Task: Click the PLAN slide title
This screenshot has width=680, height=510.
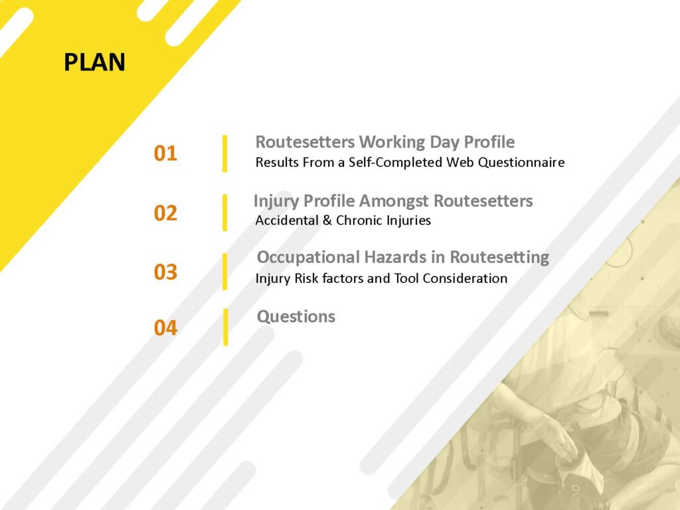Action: [x=94, y=62]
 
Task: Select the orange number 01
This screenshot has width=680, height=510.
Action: [x=165, y=153]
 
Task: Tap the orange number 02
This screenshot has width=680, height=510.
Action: [x=165, y=213]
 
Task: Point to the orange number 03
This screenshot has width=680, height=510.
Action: [x=165, y=272]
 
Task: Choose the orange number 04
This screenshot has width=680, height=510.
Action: [x=165, y=327]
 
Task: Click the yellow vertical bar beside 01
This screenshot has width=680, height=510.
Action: [x=224, y=153]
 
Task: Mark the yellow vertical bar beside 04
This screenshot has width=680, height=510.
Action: [x=225, y=327]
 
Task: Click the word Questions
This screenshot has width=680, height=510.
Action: [x=296, y=317]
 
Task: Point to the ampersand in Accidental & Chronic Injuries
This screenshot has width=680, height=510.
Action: [x=327, y=220]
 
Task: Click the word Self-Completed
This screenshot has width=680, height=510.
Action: [x=396, y=163]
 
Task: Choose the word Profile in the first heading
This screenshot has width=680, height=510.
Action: [x=489, y=142]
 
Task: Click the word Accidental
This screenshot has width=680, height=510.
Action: [x=287, y=220]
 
